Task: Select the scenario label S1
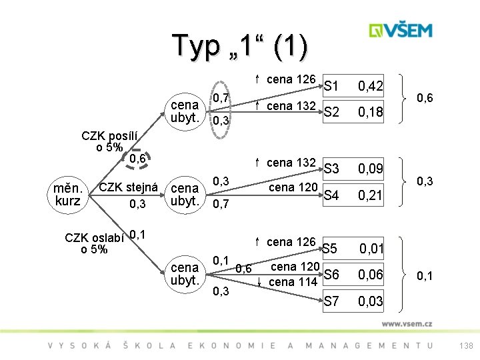coord(332,86)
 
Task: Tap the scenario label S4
coord(331,195)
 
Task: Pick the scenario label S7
coord(331,301)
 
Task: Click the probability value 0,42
coord(370,86)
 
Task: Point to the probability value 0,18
coord(370,112)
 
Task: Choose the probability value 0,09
coord(370,169)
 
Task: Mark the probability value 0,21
coord(370,195)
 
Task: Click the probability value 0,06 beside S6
coord(370,275)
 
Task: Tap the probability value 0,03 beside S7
coord(370,301)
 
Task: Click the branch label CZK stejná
coord(127,187)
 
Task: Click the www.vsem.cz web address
coord(407,323)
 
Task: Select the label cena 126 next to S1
coord(291,79)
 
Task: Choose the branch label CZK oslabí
coord(93,239)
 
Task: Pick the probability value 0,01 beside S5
coord(371,249)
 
